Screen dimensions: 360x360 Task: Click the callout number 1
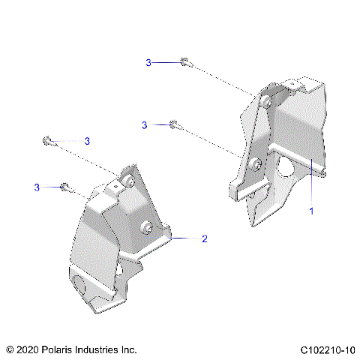pyautogui.click(x=312, y=211)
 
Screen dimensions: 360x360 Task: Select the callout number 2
pyautogui.click(x=204, y=239)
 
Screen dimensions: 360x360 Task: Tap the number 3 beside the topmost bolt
pyautogui.click(x=148, y=63)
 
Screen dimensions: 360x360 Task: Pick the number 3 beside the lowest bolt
pyautogui.click(x=36, y=186)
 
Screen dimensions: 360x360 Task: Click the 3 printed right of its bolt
pyautogui.click(x=87, y=141)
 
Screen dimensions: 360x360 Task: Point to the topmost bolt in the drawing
pyautogui.click(x=184, y=62)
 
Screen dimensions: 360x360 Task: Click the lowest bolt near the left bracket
pyautogui.click(x=65, y=186)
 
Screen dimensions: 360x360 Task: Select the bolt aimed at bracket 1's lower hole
pyautogui.click(x=174, y=124)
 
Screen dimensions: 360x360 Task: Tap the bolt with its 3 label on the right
pyautogui.click(x=49, y=140)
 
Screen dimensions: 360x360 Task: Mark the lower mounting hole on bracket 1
pyautogui.click(x=256, y=164)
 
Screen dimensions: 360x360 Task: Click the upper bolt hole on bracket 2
pyautogui.click(x=129, y=182)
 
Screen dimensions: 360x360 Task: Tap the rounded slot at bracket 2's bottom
pyautogui.click(x=81, y=284)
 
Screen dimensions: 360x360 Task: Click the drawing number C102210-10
pyautogui.click(x=326, y=349)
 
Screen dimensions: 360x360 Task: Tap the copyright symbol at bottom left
pyautogui.click(x=9, y=349)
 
